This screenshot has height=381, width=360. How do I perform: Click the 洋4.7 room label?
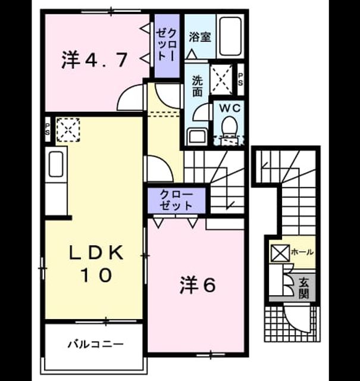point(94,60)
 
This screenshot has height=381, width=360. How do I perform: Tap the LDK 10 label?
point(96,264)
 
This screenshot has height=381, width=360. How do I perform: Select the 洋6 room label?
point(198,286)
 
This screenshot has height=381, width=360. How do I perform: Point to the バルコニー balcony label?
point(95,344)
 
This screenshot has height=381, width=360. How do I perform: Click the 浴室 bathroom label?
point(200,37)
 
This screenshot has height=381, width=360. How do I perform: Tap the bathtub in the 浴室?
point(230,36)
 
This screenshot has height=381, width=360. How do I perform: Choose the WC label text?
point(230,108)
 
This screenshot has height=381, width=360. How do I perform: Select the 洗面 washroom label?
point(197,86)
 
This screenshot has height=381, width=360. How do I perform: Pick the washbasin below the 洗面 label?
point(197,136)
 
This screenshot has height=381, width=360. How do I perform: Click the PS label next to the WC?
point(240,80)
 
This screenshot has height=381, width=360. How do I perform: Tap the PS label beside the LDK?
point(47,129)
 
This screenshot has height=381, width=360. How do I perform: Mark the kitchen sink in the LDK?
point(56,164)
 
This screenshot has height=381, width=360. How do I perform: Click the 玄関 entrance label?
point(303,288)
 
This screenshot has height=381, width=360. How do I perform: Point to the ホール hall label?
point(302,252)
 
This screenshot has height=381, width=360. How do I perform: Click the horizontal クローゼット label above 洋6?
point(176,200)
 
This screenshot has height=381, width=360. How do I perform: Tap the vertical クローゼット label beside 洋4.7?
point(167,45)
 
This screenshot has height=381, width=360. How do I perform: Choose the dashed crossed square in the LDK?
point(68,130)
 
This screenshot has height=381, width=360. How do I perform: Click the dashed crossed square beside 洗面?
point(221,79)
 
